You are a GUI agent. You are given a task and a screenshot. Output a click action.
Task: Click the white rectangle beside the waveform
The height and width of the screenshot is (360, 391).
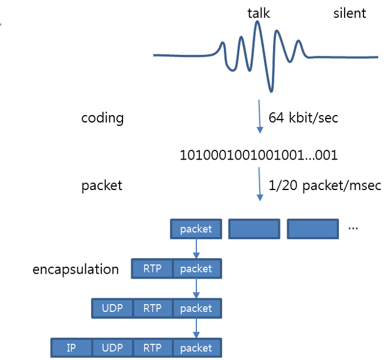point(77,54)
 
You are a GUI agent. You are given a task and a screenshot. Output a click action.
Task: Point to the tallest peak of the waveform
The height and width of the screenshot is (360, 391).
point(258,23)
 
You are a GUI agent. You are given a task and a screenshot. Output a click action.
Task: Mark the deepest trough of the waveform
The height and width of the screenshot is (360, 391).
point(271,90)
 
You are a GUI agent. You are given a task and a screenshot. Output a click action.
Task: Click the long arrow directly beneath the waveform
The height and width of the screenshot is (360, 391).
point(260,117)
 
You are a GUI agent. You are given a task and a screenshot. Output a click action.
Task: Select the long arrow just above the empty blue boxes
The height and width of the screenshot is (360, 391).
point(260,184)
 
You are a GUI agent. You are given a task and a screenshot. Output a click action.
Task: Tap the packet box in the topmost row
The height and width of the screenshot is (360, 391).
point(196,229)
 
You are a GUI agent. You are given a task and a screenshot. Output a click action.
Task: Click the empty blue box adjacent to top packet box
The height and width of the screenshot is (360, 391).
point(254,229)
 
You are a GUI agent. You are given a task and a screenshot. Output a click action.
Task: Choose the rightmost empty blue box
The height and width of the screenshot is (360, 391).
point(313,229)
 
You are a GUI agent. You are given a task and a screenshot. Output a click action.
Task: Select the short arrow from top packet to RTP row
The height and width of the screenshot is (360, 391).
point(196,248)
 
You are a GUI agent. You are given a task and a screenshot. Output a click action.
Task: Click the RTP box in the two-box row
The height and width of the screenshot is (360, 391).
point(152,268)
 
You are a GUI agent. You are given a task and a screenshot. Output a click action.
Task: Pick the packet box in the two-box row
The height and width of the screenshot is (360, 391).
point(196,268)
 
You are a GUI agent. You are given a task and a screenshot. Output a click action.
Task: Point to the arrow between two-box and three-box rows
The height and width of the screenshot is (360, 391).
point(196,288)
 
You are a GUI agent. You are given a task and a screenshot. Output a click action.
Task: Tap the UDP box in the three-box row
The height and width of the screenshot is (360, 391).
point(112,308)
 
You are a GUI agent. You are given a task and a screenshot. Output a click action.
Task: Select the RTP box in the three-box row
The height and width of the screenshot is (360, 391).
point(152,308)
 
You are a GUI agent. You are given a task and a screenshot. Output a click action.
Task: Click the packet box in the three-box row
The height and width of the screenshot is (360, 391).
point(196,308)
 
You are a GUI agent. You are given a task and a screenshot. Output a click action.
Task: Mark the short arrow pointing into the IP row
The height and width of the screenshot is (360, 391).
point(196,328)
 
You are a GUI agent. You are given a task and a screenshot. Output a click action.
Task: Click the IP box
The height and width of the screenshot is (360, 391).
point(72,347)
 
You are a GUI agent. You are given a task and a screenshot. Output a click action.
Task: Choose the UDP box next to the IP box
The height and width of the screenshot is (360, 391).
point(112,347)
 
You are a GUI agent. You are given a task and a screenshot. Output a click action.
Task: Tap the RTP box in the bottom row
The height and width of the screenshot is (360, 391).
point(152,347)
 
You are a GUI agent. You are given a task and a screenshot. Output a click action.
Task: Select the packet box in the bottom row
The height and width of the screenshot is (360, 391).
point(196,347)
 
